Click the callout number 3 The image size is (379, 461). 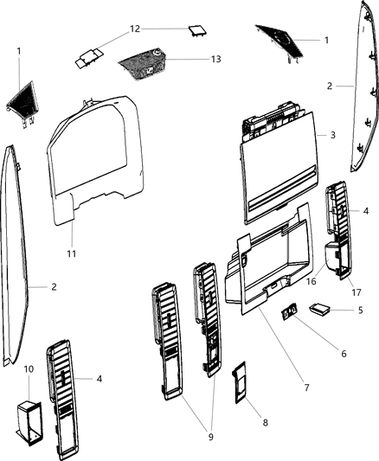332,136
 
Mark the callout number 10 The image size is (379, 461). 28,369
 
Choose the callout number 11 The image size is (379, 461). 72,253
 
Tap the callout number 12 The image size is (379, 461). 134,29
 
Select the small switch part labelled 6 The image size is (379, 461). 290,312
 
